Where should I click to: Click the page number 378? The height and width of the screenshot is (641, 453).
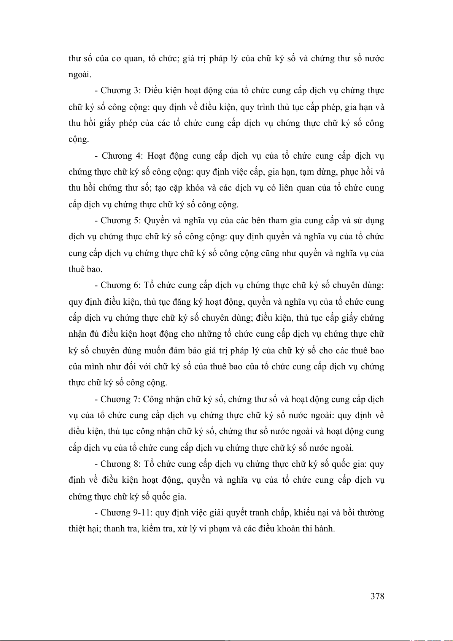tap(377, 596)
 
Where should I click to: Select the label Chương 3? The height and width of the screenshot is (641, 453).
tap(121, 91)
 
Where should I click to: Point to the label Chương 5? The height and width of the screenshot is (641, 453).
tap(121, 221)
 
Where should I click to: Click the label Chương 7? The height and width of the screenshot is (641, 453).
tap(121, 399)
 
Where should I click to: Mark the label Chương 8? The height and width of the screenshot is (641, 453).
tap(121, 464)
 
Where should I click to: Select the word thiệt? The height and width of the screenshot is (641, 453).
tap(76, 529)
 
